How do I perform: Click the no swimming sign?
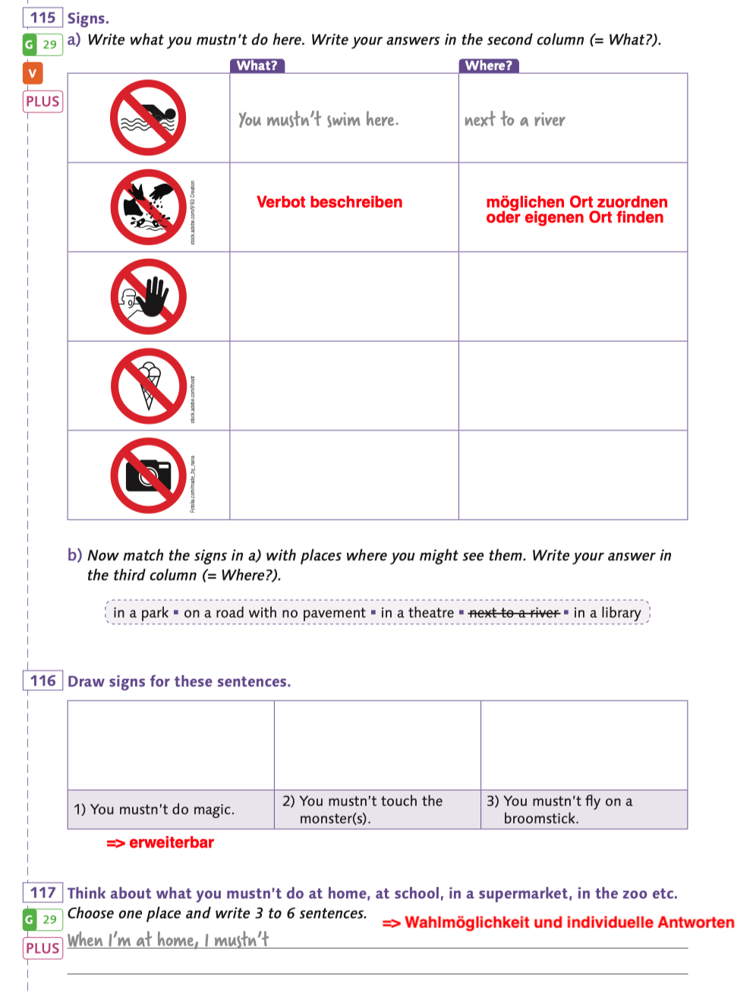coord(148,118)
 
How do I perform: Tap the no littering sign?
coord(148,207)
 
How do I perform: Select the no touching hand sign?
coord(148,296)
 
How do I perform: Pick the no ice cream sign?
coord(148,386)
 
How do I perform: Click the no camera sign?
coord(148,475)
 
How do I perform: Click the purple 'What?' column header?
coord(257,65)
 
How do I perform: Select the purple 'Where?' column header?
coord(489,65)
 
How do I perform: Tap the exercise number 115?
coord(43,17)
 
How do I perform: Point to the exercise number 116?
coord(43,681)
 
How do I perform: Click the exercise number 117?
coord(43,892)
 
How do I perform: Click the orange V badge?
coord(33,73)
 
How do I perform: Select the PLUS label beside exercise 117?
coord(43,948)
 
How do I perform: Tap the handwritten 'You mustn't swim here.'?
coord(318,119)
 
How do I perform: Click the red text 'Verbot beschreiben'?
coord(329,202)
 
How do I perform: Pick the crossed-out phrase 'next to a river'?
coord(514,612)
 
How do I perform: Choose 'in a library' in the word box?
coord(607,612)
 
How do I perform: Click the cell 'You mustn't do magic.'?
coord(154,809)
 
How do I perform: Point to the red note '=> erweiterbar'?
coord(160,842)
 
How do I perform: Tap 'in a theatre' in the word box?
coord(417,612)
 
